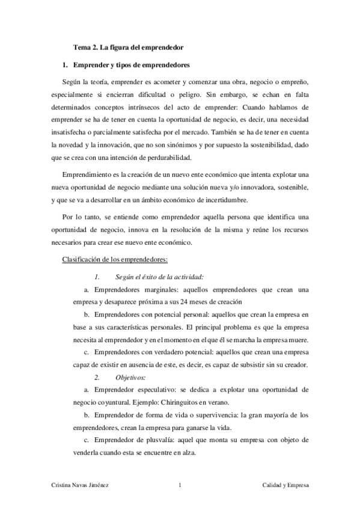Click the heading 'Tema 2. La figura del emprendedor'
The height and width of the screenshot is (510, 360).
(x=128, y=46)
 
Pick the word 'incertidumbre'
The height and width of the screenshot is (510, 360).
(x=219, y=200)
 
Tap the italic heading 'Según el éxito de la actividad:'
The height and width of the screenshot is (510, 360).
(x=159, y=277)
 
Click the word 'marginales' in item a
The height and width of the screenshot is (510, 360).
(x=159, y=289)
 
